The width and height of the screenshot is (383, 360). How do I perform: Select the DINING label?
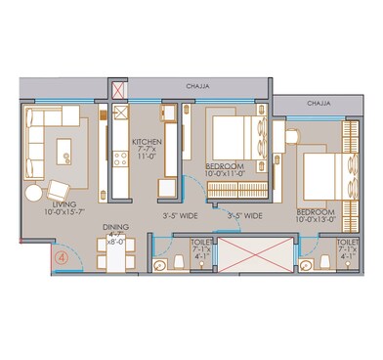point(115,231)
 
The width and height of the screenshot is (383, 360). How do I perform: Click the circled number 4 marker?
point(62,257)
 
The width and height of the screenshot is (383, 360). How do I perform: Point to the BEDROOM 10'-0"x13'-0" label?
point(319,213)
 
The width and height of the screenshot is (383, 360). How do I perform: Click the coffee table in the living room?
point(66,149)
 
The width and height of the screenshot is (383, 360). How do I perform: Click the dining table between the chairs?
point(115,258)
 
